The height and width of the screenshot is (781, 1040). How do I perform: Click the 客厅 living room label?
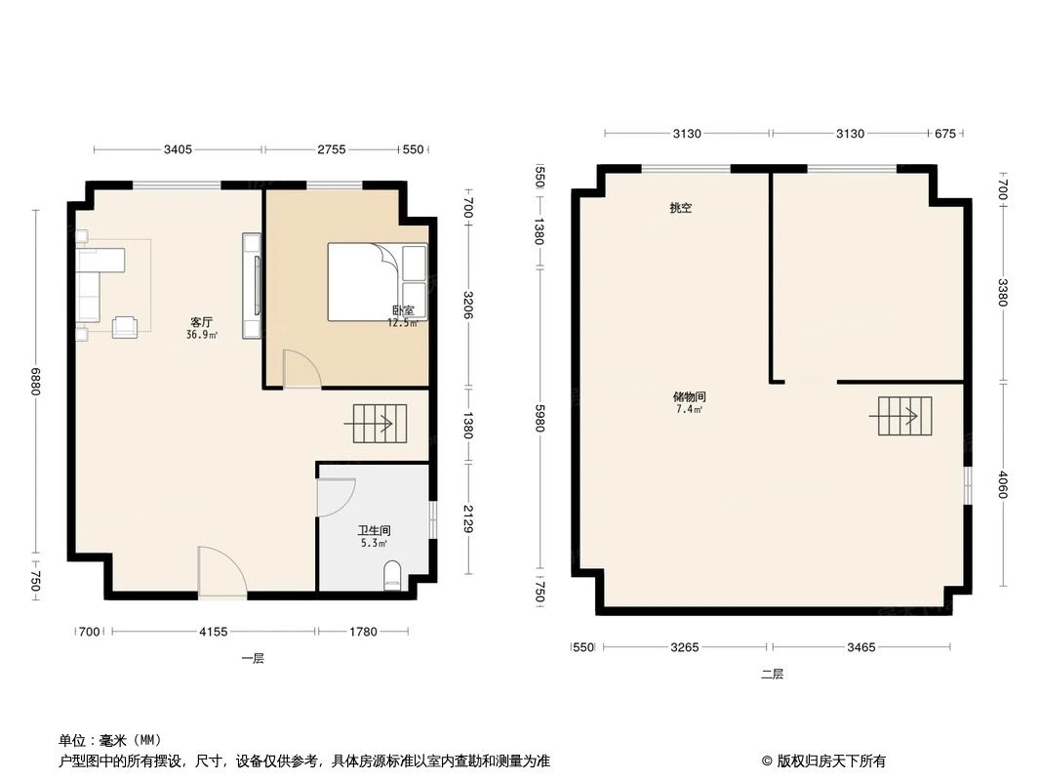point(202,322)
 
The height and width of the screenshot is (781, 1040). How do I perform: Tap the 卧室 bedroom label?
point(402,311)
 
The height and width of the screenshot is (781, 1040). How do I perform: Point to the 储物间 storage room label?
point(689,397)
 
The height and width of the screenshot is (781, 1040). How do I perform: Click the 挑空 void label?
point(680,208)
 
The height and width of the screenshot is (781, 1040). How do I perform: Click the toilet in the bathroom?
point(393,575)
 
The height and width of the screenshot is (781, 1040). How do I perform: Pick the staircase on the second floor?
point(904,416)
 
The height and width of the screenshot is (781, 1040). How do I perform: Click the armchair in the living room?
point(125,327)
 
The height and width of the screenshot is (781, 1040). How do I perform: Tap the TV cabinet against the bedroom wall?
point(253,285)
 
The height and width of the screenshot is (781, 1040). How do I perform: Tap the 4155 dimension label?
point(213,632)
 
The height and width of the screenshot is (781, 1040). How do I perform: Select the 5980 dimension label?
point(538,423)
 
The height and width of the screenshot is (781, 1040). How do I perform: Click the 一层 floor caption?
point(253,658)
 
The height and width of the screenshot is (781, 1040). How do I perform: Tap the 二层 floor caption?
point(773,674)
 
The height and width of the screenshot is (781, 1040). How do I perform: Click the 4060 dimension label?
point(1003,485)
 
